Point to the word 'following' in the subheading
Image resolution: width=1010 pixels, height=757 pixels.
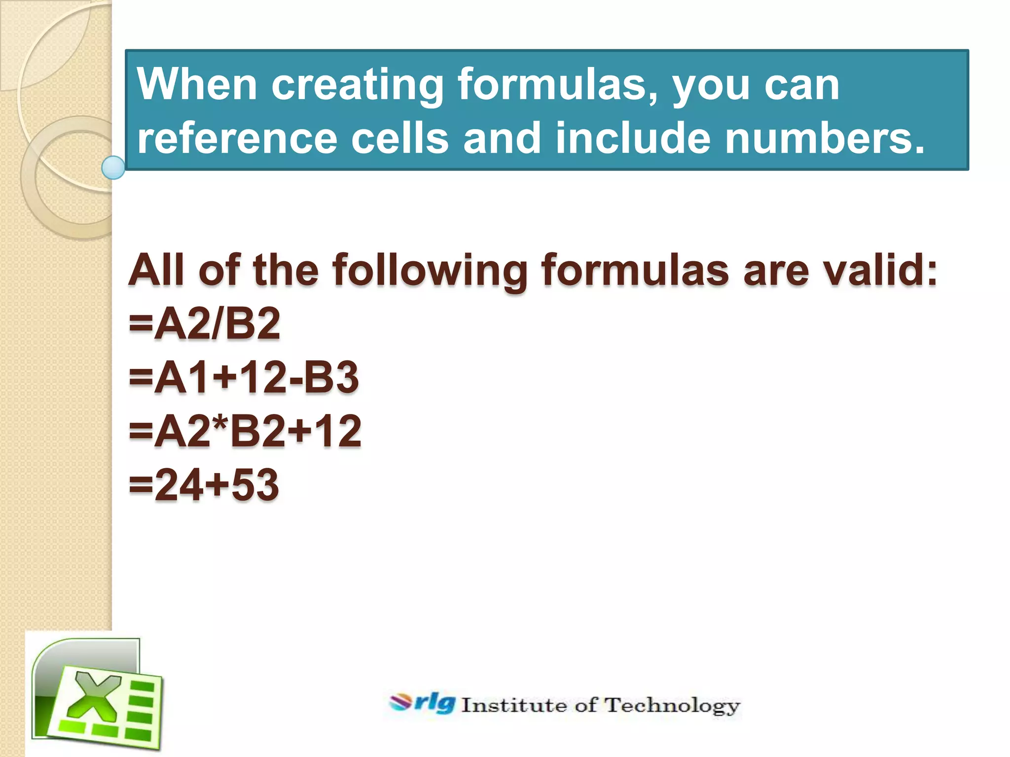[430, 271]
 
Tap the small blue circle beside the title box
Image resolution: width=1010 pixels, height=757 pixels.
[113, 168]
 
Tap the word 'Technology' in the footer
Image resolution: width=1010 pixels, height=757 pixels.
[672, 706]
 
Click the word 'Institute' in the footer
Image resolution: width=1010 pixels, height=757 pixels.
[513, 705]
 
